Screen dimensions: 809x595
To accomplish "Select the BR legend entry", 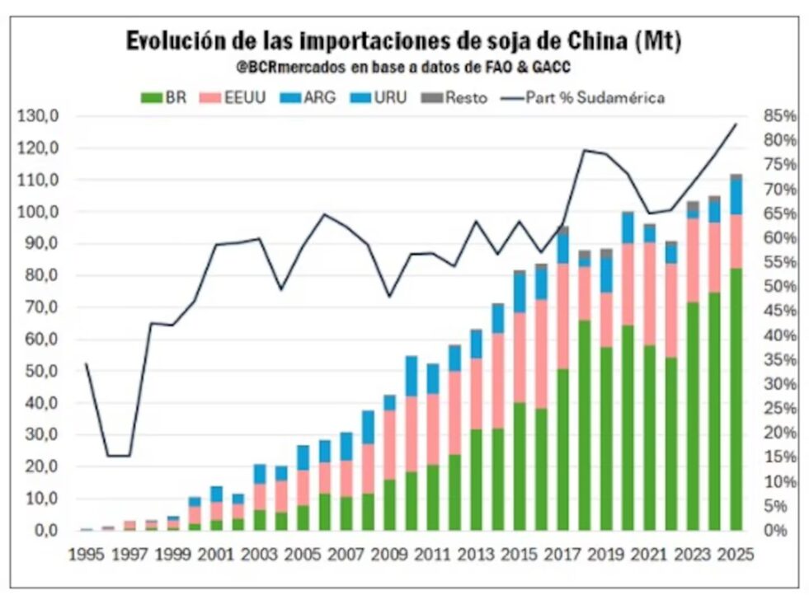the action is pos(163,97).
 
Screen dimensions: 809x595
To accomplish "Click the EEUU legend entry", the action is pos(233,97).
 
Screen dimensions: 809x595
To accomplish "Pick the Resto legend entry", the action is pos(454,97).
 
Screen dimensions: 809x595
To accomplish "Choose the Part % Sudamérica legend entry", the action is pos(583,97).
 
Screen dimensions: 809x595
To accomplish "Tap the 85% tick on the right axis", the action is pos(780,116).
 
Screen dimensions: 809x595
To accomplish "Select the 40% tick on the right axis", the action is pos(780,335).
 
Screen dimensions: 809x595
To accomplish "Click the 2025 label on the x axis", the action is pos(736,555).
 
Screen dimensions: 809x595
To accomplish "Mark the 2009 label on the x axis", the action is pos(390,555).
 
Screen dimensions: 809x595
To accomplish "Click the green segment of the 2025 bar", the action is pos(736,399).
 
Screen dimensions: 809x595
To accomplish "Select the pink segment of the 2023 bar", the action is pos(693,260).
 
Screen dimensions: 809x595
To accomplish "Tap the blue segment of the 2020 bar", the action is pos(628,228).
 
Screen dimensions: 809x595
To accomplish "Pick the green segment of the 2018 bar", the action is pos(585,425).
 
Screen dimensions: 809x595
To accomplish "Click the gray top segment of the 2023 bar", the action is pos(693,206).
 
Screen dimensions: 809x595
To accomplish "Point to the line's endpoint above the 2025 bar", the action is pos(736,124).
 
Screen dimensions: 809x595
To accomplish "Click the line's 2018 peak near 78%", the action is pos(585,151).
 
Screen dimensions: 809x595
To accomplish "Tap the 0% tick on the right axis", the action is pos(776,531).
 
